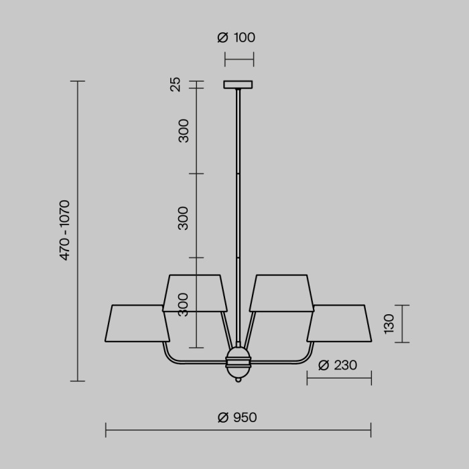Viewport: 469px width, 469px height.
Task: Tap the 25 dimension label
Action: tap(176, 84)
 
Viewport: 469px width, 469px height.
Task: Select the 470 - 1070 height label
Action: tap(65, 230)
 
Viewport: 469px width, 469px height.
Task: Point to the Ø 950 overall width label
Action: tap(237, 417)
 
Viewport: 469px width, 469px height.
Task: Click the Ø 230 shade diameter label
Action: tap(337, 365)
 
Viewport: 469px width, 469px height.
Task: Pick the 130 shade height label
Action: tap(390, 324)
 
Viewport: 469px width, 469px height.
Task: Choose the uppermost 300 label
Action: tap(184, 130)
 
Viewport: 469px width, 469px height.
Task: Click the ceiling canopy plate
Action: tap(239, 85)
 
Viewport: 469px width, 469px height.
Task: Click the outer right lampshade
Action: tap(339, 324)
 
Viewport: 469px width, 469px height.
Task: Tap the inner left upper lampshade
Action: tap(195, 293)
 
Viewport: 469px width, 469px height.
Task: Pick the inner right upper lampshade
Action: tap(281, 293)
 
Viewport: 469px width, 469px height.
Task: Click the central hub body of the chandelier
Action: tap(238, 362)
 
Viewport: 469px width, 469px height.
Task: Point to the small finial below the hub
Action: tap(238, 380)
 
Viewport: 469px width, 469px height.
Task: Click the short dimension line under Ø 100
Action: tap(239, 60)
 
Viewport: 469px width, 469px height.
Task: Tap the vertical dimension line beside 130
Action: tap(402, 324)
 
